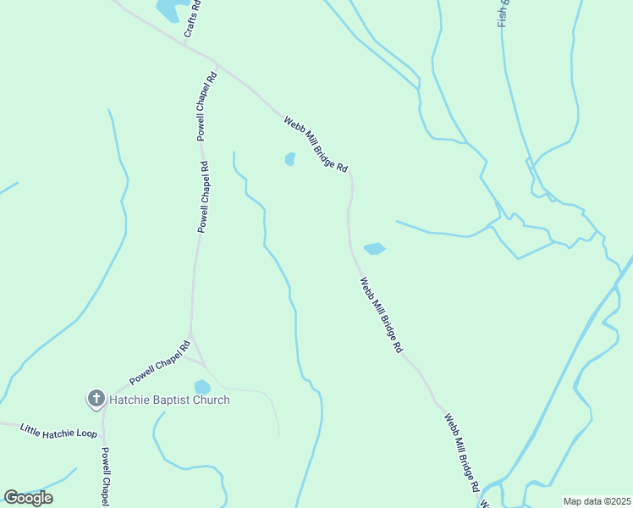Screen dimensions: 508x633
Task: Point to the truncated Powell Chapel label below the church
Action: pyautogui.click(x=106, y=478)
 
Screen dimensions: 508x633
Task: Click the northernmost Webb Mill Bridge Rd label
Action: pyautogui.click(x=316, y=144)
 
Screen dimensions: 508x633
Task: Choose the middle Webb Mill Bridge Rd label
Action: pyautogui.click(x=380, y=314)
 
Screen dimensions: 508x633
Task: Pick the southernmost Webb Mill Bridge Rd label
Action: pyautogui.click(x=462, y=453)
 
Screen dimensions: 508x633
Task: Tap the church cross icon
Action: pyautogui.click(x=96, y=398)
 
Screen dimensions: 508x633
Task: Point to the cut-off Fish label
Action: pyautogui.click(x=503, y=13)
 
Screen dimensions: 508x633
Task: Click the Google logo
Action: pyautogui.click(x=28, y=497)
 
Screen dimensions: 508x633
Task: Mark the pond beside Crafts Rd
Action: pyautogui.click(x=168, y=9)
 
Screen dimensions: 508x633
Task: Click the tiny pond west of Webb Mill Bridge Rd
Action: pyautogui.click(x=289, y=159)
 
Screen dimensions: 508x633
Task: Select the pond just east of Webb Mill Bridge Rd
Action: pyautogui.click(x=374, y=248)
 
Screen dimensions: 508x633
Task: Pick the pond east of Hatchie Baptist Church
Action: pyautogui.click(x=201, y=387)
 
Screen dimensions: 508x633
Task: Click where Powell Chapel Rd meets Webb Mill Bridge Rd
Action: pyautogui.click(x=217, y=63)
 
